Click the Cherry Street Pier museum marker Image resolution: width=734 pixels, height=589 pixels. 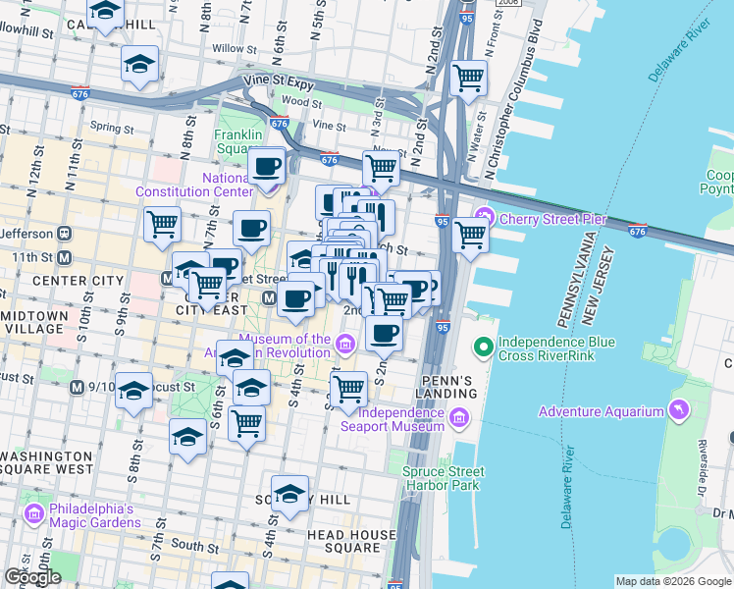484,218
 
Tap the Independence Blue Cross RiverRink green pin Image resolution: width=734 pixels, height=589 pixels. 483,347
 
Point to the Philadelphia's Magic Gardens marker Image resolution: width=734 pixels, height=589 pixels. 34,512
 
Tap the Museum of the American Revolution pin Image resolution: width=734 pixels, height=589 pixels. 344,344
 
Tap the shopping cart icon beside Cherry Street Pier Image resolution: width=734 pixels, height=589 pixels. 471,235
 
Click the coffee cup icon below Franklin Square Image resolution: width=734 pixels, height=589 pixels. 266,164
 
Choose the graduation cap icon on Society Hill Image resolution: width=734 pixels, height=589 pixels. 289,494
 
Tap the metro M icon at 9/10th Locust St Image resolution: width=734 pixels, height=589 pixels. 76,388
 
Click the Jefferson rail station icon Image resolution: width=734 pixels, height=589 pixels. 65,234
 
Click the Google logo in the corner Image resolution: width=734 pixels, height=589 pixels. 32,577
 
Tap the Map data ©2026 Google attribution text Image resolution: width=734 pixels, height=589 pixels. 672,581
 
